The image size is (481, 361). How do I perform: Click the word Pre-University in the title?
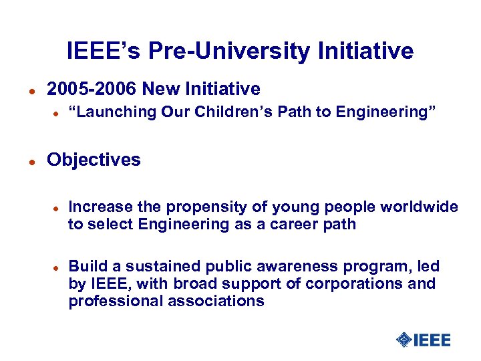click(x=224, y=51)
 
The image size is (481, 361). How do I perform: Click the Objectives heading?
click(x=94, y=160)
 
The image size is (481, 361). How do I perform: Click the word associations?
click(x=218, y=301)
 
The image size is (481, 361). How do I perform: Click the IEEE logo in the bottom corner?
click(x=424, y=340)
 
